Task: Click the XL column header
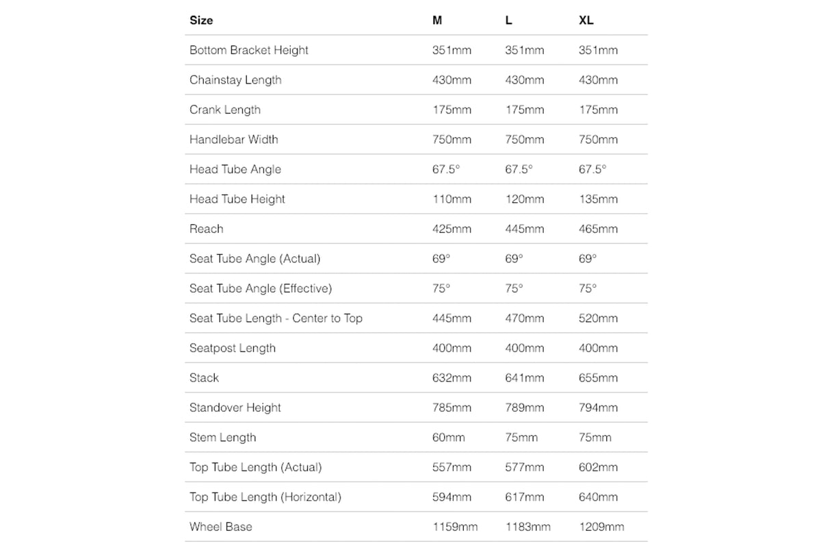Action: point(586,21)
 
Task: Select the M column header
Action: point(437,21)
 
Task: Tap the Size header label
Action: point(201,21)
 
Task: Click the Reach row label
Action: point(207,229)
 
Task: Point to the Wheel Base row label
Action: point(221,527)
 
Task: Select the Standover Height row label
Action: point(235,408)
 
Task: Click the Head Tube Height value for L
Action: point(525,199)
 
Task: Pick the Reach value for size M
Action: point(452,229)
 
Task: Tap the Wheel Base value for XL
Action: point(601,527)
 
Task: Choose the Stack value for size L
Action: point(525,378)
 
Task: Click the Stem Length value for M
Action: point(449,438)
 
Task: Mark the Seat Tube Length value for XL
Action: point(598,319)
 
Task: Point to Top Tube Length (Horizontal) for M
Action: point(452,497)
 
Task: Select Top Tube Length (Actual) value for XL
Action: point(598,467)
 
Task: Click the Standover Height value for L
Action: point(525,408)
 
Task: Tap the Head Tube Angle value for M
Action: point(446,169)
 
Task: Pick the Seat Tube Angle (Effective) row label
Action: point(261,288)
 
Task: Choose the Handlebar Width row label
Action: point(234,140)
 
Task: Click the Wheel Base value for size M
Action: point(455,527)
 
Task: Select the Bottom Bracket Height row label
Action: point(249,50)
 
